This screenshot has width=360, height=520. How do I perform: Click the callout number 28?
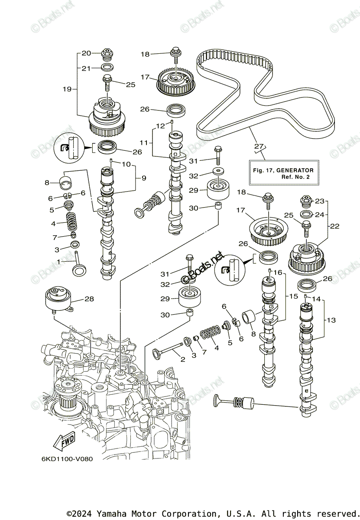point(89,299)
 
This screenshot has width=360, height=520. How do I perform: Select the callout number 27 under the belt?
point(259,146)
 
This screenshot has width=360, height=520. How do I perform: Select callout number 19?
point(67,89)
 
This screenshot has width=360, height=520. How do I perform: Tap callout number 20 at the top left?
point(86,53)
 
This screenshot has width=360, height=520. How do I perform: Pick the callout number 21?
point(86,68)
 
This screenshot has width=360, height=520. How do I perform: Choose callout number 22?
point(334,226)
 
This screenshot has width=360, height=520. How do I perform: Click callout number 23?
point(319,201)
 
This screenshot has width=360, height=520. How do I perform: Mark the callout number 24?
point(319,214)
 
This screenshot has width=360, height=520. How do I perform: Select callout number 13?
point(331,320)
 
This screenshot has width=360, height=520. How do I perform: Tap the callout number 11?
point(144,142)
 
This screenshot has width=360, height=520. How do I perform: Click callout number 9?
point(143,178)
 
